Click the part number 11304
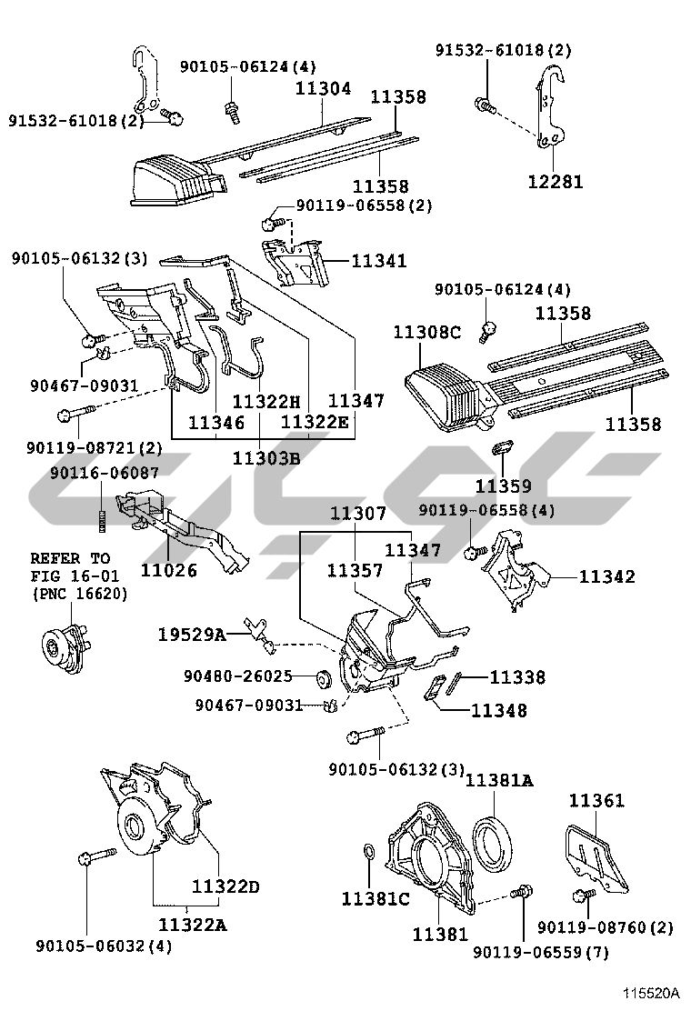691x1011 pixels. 323,89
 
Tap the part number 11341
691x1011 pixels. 379,261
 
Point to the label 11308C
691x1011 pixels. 426,333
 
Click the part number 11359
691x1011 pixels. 503,486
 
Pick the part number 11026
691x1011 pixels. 168,571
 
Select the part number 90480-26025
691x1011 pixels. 237,676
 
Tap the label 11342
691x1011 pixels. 606,576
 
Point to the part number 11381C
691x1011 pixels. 376,899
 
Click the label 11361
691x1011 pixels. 597,801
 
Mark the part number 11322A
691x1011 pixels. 192,925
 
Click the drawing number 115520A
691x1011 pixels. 652,994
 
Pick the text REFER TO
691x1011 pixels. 70,557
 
